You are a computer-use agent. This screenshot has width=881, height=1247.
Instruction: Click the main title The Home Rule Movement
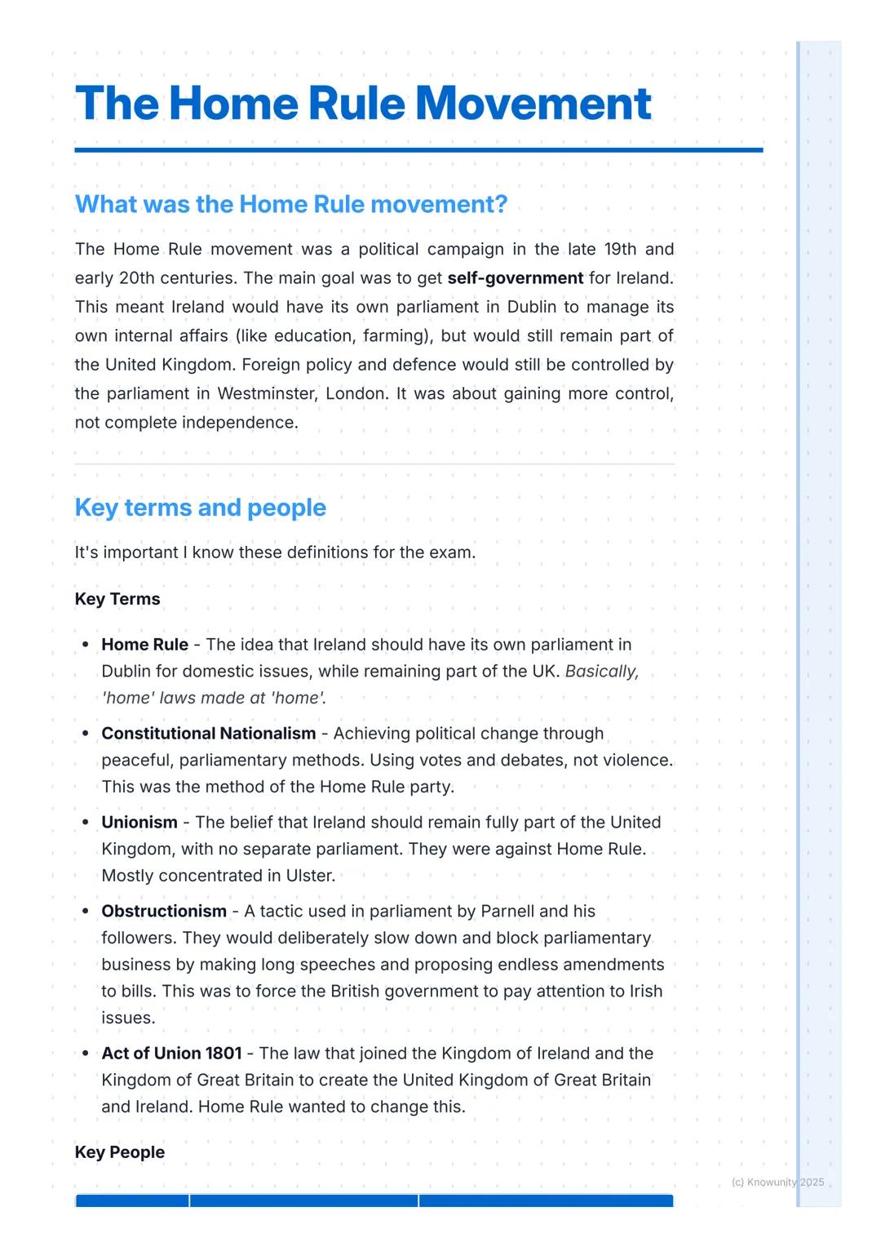click(x=363, y=104)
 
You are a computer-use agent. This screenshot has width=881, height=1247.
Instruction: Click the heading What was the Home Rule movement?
click(x=291, y=204)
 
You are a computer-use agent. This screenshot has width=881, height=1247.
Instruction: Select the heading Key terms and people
click(x=200, y=508)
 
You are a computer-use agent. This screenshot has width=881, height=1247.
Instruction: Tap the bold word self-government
click(x=516, y=278)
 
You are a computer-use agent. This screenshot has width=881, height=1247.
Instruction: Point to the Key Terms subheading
click(x=117, y=599)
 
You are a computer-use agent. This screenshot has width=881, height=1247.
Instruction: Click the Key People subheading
click(x=120, y=1152)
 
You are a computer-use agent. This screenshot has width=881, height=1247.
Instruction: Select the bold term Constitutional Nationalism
click(x=209, y=734)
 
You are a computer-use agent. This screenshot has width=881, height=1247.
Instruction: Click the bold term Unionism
click(x=139, y=823)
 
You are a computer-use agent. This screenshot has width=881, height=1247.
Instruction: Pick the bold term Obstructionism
click(x=164, y=912)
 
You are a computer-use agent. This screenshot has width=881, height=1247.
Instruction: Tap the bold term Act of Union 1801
click(x=171, y=1054)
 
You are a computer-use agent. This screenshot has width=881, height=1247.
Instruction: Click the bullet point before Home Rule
click(x=85, y=645)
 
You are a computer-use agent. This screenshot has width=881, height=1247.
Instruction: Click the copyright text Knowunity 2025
click(x=778, y=1183)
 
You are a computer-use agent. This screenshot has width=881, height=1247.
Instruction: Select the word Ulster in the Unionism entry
click(x=310, y=876)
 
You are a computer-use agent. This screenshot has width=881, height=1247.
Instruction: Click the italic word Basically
click(x=602, y=672)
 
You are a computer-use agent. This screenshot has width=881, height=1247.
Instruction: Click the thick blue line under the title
click(x=418, y=150)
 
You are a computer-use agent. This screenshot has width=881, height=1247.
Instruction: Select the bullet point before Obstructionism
click(x=85, y=912)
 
